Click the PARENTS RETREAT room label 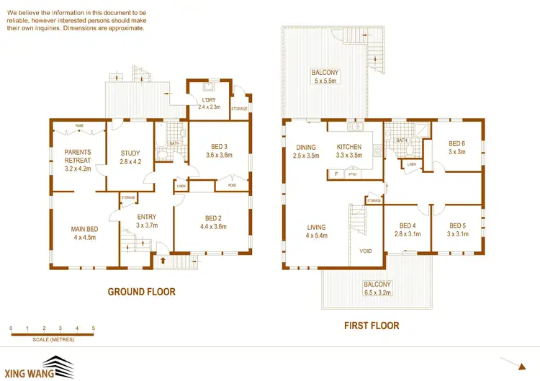click(77, 156)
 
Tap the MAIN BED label click(85, 230)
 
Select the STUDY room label click(130, 153)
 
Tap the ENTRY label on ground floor click(147, 217)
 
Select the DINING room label click(306, 147)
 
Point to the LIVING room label click(317, 225)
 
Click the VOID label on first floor click(366, 252)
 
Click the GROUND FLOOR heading click(141, 292)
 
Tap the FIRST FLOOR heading click(371, 326)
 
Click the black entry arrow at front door click(163, 261)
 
